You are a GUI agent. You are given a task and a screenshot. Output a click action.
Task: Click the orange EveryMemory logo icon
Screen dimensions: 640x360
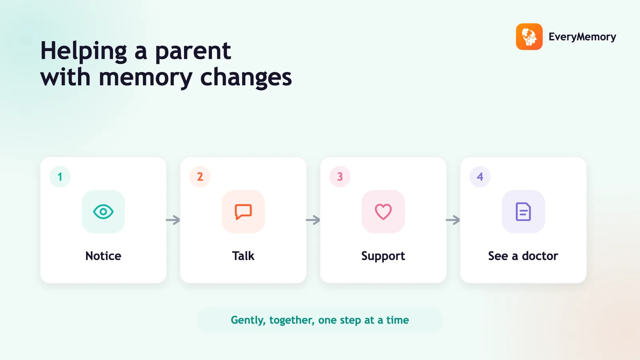529,36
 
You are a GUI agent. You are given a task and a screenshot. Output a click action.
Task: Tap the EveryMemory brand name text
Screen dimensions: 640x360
582,37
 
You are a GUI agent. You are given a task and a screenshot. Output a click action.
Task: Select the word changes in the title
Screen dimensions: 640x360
246,78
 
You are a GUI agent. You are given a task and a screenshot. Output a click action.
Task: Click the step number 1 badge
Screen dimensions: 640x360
60,176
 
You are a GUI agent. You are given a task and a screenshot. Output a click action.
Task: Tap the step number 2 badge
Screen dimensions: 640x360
200,176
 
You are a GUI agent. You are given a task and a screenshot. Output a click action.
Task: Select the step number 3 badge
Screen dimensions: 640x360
340,176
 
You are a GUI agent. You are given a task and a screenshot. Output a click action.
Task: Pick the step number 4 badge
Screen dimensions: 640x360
480,176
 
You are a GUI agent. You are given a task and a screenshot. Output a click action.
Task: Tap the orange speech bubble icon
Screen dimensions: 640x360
243,212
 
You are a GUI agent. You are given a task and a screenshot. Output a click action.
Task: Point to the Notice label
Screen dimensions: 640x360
103,256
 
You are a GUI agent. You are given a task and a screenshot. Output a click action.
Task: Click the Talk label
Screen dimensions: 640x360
243,256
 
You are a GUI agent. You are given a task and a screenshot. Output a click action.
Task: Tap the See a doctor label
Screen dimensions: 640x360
523,256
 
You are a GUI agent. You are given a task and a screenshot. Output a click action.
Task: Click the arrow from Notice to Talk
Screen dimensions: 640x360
173,220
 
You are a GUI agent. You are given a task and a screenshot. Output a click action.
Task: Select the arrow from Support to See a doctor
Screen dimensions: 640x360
453,220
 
